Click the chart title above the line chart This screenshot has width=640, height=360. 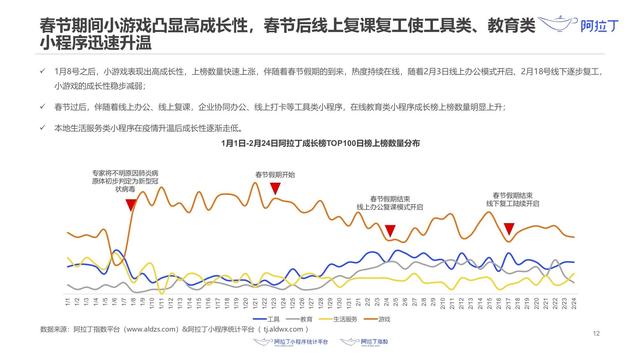(321, 144)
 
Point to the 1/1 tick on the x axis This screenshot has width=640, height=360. (67, 301)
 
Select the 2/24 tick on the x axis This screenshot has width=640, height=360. (572, 301)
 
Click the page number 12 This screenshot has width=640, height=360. (595, 333)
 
